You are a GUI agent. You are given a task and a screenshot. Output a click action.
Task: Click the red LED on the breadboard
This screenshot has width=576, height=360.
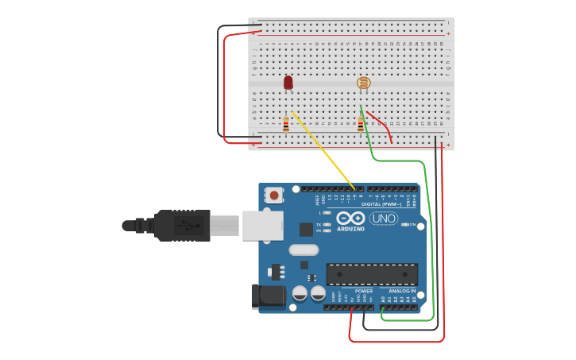click(288, 82)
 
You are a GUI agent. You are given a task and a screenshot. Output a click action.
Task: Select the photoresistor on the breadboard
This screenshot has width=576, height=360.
click(363, 83)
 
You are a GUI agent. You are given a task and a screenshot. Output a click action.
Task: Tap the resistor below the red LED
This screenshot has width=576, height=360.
click(286, 125)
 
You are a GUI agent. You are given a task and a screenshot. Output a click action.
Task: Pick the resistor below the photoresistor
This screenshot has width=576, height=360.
click(361, 125)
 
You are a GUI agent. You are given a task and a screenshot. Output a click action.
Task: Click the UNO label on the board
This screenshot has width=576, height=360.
click(384, 219)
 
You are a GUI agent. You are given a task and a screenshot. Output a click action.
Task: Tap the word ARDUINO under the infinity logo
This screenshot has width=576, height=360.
click(350, 229)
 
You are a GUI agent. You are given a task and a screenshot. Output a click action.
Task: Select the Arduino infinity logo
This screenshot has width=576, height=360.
click(350, 219)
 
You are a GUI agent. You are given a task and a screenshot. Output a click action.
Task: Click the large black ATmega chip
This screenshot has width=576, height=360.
click(372, 274)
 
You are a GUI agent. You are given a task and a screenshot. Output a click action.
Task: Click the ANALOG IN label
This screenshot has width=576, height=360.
click(401, 291)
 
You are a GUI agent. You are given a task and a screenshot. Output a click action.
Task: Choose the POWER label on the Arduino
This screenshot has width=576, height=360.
click(364, 291)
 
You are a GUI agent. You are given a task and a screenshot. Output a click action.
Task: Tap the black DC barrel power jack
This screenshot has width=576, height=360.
click(268, 296)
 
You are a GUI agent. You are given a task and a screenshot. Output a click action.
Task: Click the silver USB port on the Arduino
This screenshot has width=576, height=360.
click(262, 225)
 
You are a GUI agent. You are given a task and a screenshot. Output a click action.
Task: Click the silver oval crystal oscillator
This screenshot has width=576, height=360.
click(303, 250)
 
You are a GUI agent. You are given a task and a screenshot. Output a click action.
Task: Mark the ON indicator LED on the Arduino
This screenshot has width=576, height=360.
click(405, 225)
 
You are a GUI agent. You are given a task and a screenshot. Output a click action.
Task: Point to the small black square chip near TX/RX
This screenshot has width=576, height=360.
click(306, 230)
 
